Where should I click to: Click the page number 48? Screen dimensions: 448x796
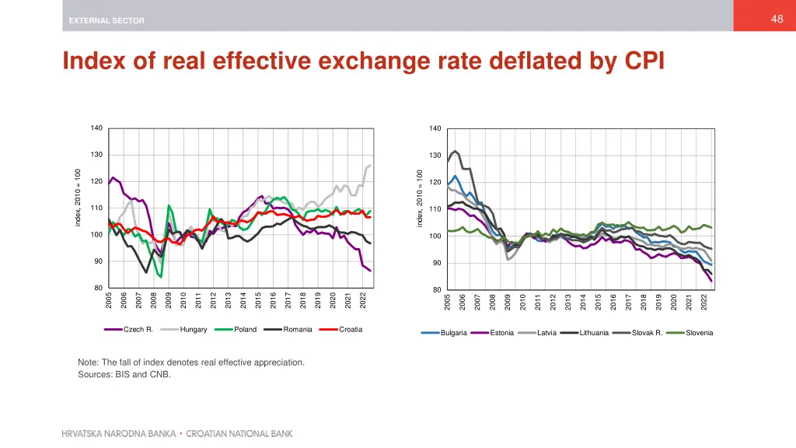tap(777, 19)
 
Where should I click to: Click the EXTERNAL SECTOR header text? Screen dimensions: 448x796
tap(106, 21)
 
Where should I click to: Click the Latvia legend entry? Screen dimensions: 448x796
tap(547, 333)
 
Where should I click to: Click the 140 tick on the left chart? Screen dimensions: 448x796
tap(96, 128)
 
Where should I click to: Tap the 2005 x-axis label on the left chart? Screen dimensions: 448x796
tap(109, 300)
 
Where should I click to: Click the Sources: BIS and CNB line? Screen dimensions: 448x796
tap(124, 375)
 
